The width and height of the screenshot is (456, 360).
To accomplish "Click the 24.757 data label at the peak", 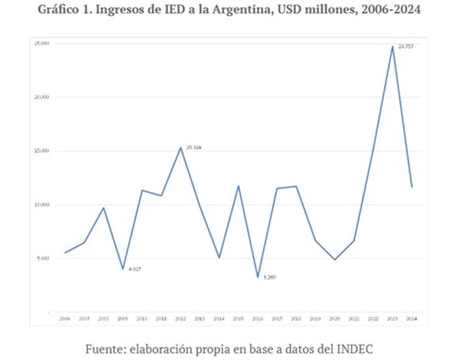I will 405,47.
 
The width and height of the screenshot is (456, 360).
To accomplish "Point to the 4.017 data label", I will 134,269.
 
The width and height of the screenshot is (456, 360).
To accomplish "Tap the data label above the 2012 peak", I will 194,147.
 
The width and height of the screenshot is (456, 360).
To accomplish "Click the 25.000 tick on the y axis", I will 42,44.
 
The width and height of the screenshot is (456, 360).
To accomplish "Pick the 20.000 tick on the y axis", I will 42,97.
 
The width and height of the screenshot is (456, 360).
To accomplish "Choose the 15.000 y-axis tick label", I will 42,151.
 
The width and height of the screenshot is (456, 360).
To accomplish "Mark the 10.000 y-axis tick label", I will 42,205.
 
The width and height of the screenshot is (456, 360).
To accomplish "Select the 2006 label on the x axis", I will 64,319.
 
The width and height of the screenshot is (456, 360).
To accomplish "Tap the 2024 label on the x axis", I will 412,319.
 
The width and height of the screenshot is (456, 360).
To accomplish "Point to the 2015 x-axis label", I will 238,319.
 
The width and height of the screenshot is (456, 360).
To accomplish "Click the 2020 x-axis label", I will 334,319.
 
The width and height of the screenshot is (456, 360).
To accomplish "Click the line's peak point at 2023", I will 392,46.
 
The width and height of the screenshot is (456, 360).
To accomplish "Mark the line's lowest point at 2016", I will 257,277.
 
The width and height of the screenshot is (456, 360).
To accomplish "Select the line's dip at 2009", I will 122,269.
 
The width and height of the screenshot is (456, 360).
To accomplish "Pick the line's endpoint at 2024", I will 412,187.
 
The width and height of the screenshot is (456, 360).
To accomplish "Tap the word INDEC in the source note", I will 354,349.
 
